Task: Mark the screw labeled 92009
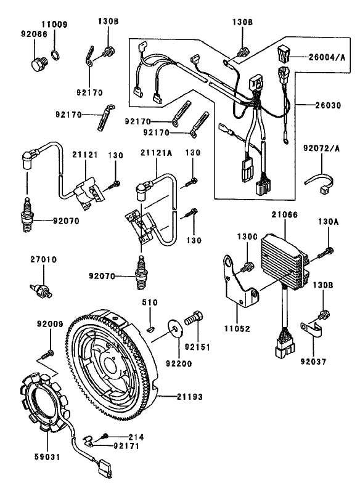[x=49, y=354]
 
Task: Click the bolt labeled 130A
[x=327, y=250]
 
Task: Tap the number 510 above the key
[x=150, y=303]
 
